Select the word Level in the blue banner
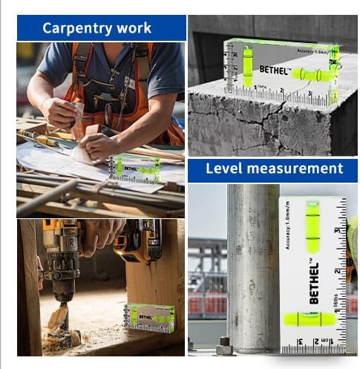coord(224,169)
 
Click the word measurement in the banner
coord(296,169)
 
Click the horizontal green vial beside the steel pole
coord(312,319)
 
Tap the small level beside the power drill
coord(149,317)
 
